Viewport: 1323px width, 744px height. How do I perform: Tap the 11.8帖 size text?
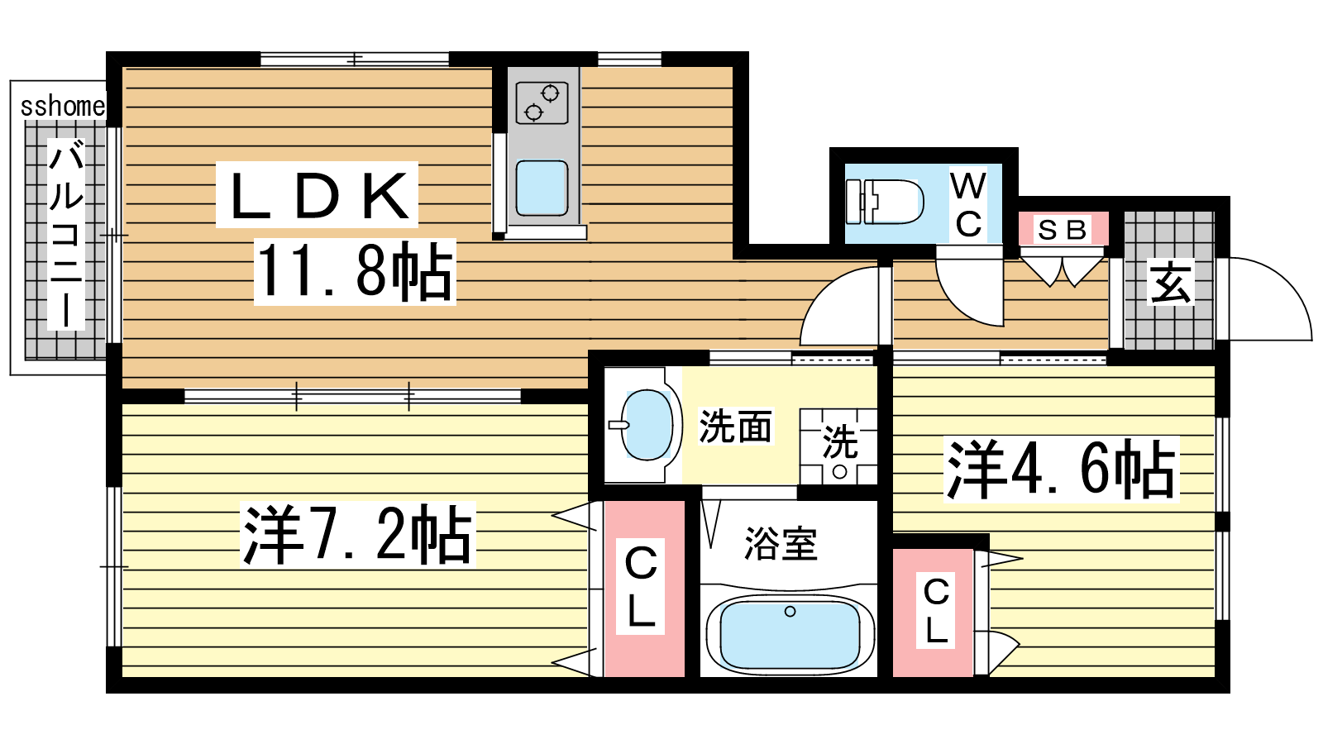point(355,272)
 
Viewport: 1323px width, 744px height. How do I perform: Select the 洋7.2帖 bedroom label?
point(358,534)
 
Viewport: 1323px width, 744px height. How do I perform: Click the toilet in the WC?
point(884,202)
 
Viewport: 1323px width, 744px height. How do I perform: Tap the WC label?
point(968,204)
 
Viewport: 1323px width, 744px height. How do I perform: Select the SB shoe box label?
point(1063,230)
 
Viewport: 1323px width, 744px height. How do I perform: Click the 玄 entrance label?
point(1170,282)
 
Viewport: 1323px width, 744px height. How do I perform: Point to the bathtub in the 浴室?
point(790,636)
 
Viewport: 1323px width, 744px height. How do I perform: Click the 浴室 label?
point(781,543)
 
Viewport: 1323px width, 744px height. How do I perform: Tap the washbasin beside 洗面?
point(647,425)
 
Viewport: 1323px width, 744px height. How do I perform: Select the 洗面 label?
point(735,426)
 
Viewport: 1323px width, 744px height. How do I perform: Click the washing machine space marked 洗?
point(838,447)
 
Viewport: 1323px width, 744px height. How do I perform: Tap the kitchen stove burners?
point(542,103)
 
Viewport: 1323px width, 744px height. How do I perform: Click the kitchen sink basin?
point(542,188)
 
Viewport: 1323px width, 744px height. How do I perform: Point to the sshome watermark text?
point(63,107)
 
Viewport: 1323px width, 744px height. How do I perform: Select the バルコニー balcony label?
point(66,234)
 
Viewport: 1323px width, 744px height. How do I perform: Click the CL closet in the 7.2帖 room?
point(644,589)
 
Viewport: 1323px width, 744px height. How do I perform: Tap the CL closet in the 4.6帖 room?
point(934,613)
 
